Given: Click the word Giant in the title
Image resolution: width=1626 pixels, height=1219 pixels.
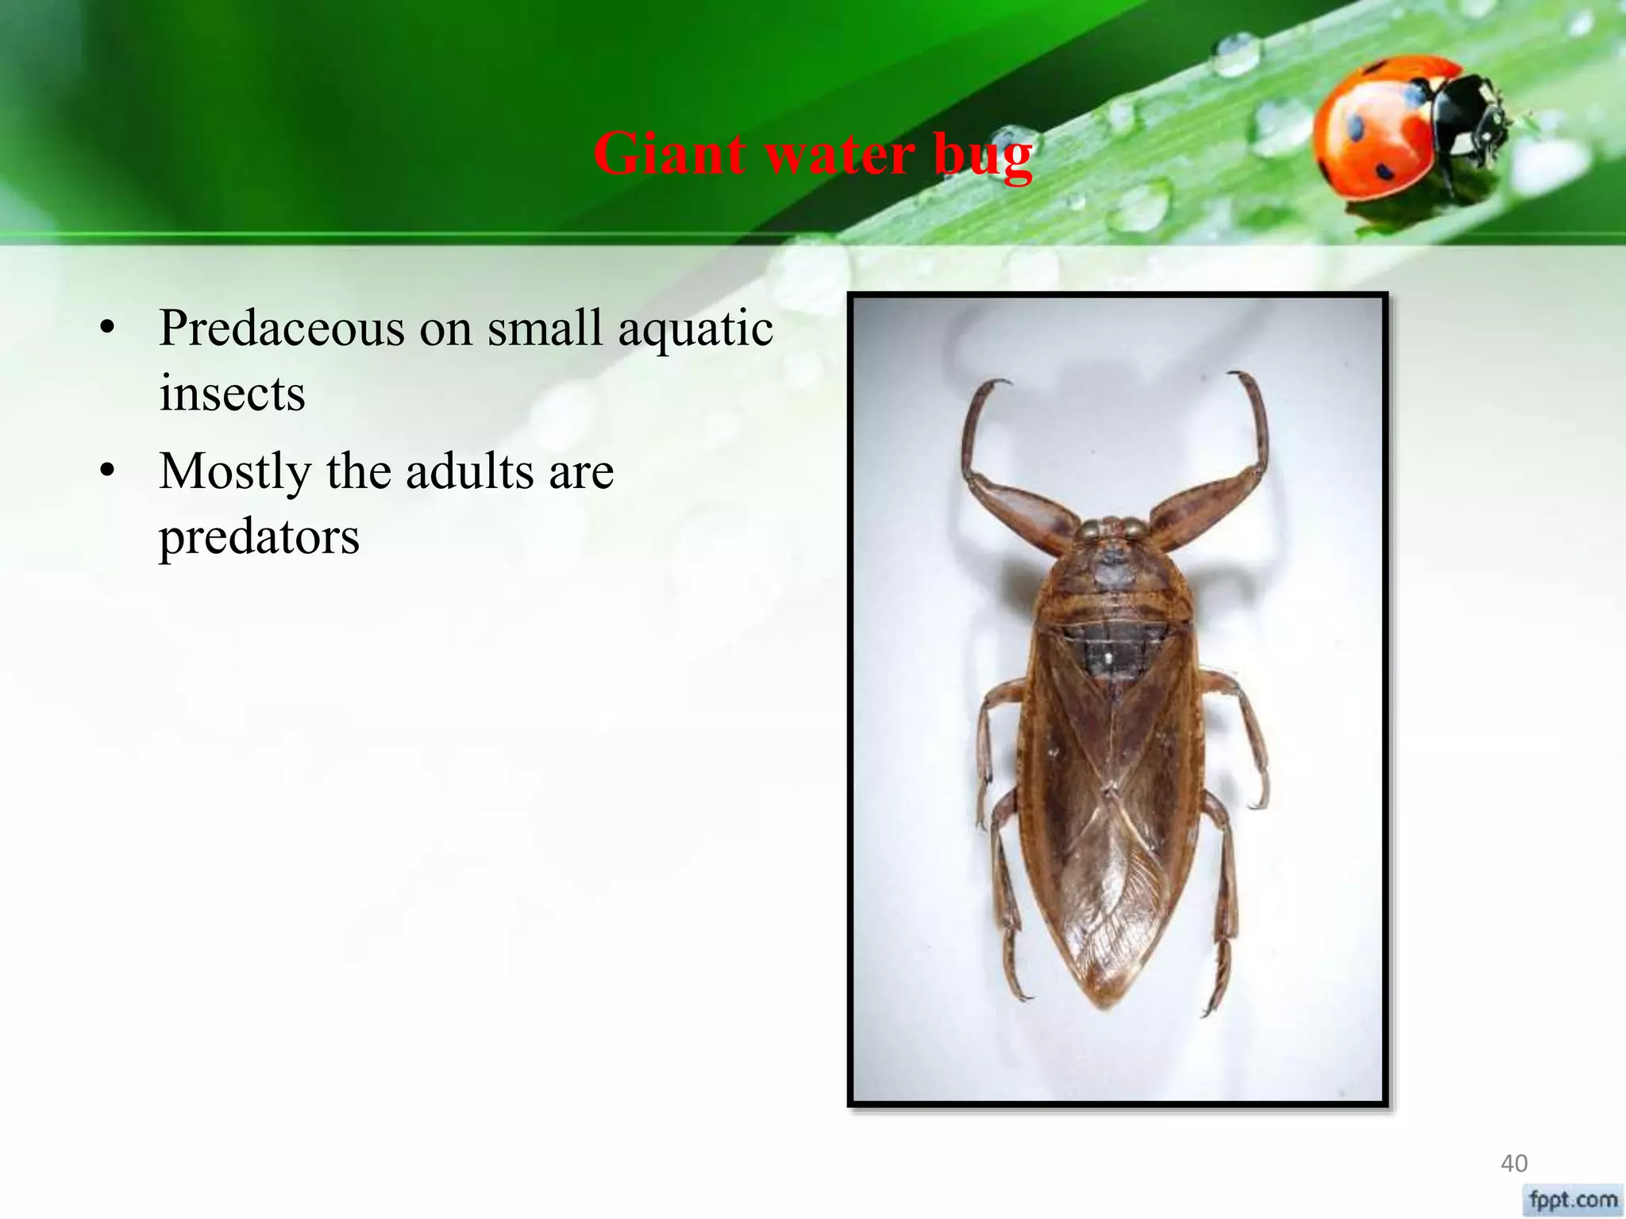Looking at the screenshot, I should tap(669, 153).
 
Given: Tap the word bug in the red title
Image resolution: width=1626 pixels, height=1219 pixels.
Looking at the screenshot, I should tap(983, 156).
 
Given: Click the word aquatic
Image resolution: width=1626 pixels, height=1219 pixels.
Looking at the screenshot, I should tap(695, 330).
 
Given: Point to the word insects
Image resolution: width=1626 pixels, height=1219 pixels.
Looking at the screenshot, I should tap(232, 394).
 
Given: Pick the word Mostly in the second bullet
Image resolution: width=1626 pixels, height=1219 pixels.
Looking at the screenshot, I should tap(235, 473).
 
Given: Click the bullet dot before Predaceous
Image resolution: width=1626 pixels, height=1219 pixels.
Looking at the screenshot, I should tap(108, 328).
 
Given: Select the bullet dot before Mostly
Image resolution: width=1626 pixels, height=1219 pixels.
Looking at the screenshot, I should tap(108, 471).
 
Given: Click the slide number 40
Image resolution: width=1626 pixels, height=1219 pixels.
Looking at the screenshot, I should tap(1513, 1163).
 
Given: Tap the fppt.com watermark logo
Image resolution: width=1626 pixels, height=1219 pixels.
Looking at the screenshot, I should tap(1573, 1199).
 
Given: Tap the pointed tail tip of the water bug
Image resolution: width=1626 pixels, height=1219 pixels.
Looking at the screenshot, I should tap(1105, 1004).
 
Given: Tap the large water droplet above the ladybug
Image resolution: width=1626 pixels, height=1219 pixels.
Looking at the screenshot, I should tap(1236, 54).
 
